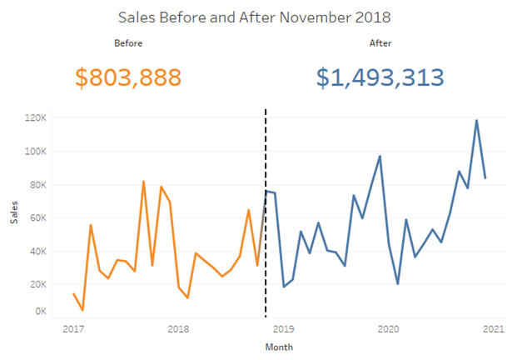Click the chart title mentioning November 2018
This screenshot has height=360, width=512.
coord(255,17)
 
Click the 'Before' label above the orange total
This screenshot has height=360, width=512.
coord(128,42)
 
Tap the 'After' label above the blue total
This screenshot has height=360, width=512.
coord(380,42)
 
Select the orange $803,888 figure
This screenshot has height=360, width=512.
coord(128,77)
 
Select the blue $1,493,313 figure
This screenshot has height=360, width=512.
coord(380,77)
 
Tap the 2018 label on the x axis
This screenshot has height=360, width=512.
coord(178,329)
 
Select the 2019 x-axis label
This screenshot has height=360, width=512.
coord(283,329)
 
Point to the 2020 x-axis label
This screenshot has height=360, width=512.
coord(388,329)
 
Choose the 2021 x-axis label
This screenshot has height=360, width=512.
coord(493,329)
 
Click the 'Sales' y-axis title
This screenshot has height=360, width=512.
coord(13,216)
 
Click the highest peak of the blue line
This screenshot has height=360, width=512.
coord(476,121)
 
